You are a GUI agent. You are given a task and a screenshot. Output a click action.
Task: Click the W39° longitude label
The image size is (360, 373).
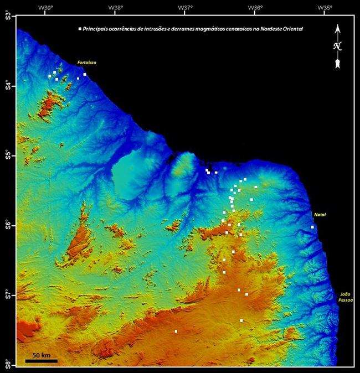[x=45, y=7]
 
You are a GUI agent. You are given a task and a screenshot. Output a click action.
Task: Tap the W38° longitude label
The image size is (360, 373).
[x=115, y=7]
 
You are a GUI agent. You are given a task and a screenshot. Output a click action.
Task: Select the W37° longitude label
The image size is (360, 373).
[x=185, y=7]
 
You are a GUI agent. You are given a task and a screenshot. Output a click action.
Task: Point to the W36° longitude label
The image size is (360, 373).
[x=255, y=7]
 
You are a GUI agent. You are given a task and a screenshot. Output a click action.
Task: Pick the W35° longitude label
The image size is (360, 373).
[x=325, y=7]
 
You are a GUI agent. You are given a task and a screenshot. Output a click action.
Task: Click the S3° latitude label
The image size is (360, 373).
[x=8, y=16]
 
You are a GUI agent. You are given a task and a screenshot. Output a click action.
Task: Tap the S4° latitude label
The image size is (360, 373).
[x=8, y=86]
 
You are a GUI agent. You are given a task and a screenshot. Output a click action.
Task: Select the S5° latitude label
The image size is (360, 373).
[x=8, y=156]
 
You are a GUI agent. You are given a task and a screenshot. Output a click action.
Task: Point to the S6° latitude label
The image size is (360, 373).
[x=8, y=225]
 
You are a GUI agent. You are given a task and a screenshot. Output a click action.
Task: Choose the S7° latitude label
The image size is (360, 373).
[x=8, y=295]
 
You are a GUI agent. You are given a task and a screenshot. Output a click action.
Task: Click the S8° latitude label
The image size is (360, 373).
[x=8, y=364]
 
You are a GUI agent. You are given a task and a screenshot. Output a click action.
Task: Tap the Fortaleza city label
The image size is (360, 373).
[x=87, y=63]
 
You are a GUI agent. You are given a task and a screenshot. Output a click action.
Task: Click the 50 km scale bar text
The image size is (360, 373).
[x=41, y=354]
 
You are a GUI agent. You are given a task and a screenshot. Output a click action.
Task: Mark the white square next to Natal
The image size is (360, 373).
[x=312, y=227]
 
